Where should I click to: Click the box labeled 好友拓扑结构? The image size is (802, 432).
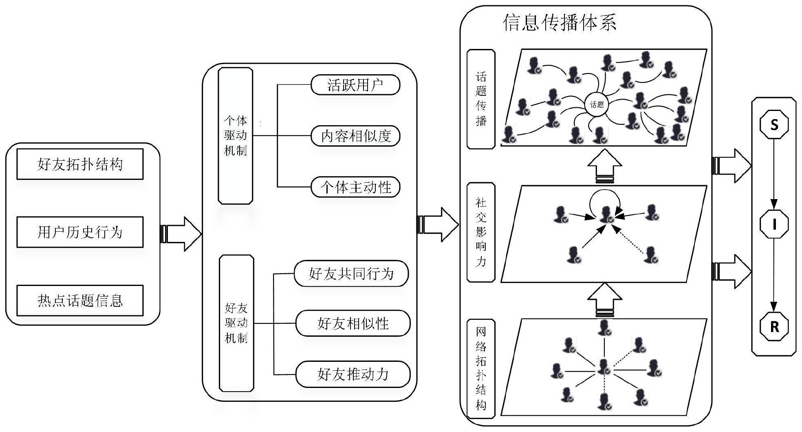coord(80,164)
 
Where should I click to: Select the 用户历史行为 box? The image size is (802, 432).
coord(80,232)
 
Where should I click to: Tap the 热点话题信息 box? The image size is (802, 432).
coord(80,301)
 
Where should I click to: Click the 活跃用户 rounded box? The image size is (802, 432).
coord(355,85)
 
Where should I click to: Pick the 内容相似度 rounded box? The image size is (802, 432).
coord(355,136)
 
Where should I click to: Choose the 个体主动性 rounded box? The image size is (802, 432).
coord(355,187)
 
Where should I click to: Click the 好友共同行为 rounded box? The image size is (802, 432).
coord(351,273)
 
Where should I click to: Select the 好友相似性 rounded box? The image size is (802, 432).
coord(353,323)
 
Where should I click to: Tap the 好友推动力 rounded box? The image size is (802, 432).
coord(353,374)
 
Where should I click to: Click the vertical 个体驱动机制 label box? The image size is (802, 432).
coord(236,136)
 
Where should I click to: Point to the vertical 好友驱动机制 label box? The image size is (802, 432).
coord(236,323)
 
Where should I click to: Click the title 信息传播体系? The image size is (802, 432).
coord(559,22)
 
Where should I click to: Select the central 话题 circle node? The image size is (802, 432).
coord(597,105)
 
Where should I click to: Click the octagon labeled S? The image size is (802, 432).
coord(774,124)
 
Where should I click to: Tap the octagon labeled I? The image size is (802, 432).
coord(774,224)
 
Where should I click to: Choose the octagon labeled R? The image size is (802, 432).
coord(774,326)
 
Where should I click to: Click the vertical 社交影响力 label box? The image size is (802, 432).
coord(481,232)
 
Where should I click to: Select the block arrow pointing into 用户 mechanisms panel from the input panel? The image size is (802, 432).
coord(182,234)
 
